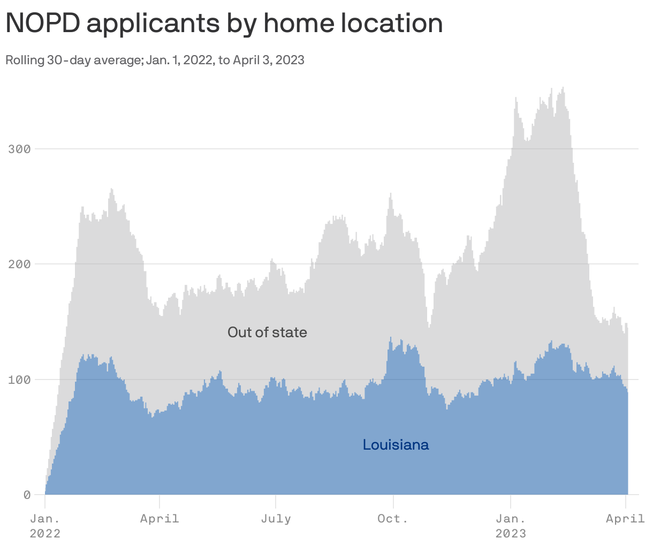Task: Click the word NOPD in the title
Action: coord(41,23)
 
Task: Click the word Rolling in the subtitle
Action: coord(24,60)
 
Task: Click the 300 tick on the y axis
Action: coord(19,149)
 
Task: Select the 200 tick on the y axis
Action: coord(19,264)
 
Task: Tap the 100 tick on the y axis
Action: coord(19,380)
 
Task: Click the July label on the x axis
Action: coord(276,519)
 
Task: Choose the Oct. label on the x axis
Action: coord(393,519)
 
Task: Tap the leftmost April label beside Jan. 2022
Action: coord(160,519)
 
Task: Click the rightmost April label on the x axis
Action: coord(625,519)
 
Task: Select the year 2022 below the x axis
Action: coord(45,534)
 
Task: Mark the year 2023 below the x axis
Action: coord(511,534)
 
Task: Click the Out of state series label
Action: coord(267,332)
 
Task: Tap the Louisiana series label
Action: coord(396,445)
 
